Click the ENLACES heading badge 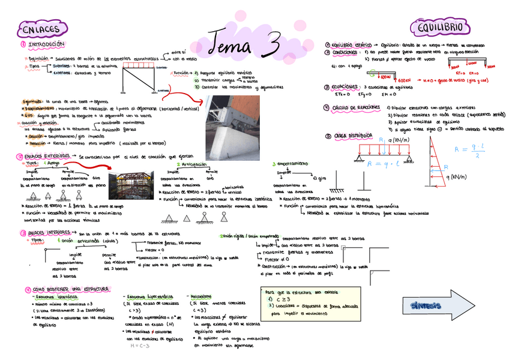point(39,29)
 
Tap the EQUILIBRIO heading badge point(441,28)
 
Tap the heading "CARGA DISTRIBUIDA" point(352,136)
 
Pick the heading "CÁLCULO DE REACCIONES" point(357,107)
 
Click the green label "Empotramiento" point(294,163)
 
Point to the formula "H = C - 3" point(139,346)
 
